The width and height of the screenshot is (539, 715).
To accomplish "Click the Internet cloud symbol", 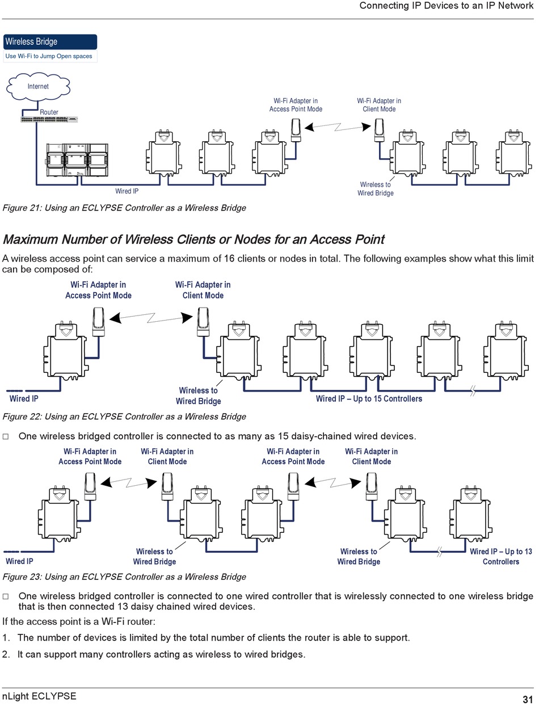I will coord(38,87).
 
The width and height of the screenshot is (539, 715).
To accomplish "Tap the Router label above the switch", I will coord(49,112).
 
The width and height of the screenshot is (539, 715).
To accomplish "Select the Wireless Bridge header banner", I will coord(50,42).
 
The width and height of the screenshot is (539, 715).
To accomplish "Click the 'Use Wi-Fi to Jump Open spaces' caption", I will coord(49,56).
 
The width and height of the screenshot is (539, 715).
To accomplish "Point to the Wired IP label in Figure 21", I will coord(127,192).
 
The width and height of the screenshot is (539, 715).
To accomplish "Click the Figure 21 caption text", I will coord(124,208).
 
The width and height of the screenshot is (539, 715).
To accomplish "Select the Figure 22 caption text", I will coord(124,417).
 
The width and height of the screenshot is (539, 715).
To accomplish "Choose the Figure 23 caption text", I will coord(124,577).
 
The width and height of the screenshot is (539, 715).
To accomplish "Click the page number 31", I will coord(528,699).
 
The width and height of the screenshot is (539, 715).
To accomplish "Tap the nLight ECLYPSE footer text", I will coord(39,696).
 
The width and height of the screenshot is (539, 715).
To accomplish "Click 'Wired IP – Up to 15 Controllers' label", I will coord(369,399).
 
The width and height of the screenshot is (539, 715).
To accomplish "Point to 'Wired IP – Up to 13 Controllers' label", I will coord(501,557).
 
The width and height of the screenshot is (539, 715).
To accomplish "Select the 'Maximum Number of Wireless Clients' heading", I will coord(193,239).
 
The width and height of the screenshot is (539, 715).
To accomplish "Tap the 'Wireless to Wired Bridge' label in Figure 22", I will coord(198,396).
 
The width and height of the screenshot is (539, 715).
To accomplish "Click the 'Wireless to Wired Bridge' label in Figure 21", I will coord(375,189).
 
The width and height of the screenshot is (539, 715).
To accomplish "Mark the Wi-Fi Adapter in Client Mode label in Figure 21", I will coord(379,105).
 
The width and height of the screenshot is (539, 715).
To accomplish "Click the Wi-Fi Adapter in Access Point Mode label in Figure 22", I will coord(98,290).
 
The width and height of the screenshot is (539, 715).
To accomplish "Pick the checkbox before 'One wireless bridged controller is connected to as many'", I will coord(6,437).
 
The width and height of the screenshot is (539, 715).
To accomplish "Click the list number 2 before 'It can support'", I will coord(6,655).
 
